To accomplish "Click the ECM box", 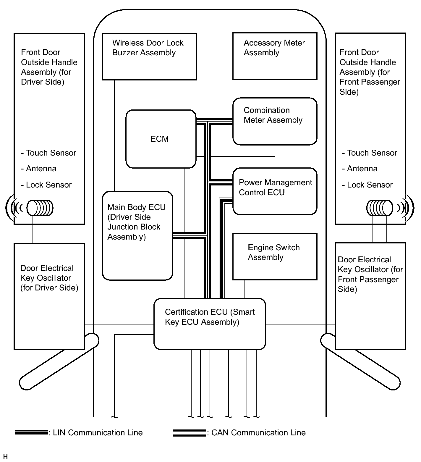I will (161, 139).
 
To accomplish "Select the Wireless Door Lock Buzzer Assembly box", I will (149, 56).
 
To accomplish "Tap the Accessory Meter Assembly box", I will (275, 56).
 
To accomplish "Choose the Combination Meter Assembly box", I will (275, 121).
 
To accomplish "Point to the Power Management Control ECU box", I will (275, 191).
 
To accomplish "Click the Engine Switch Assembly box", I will (275, 256).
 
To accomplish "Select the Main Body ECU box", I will (137, 235).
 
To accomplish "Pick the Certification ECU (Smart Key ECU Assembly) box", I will (210, 324).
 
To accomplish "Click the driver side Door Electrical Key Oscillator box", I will (49, 296).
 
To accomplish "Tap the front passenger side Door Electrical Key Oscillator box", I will (370, 296).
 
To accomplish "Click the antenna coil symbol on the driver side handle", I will (40, 208).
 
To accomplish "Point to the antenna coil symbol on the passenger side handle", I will (380, 208).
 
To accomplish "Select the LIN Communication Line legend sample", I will (31, 433).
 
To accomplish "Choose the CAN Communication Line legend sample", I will (189, 433).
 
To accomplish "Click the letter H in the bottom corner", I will (6, 458).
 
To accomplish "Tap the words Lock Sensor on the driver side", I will (49, 185).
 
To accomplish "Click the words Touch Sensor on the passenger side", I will (372, 153).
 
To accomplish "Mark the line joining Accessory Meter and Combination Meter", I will (275, 89).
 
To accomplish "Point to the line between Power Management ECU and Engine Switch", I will (275, 224).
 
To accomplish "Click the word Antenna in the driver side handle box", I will (41, 169).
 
